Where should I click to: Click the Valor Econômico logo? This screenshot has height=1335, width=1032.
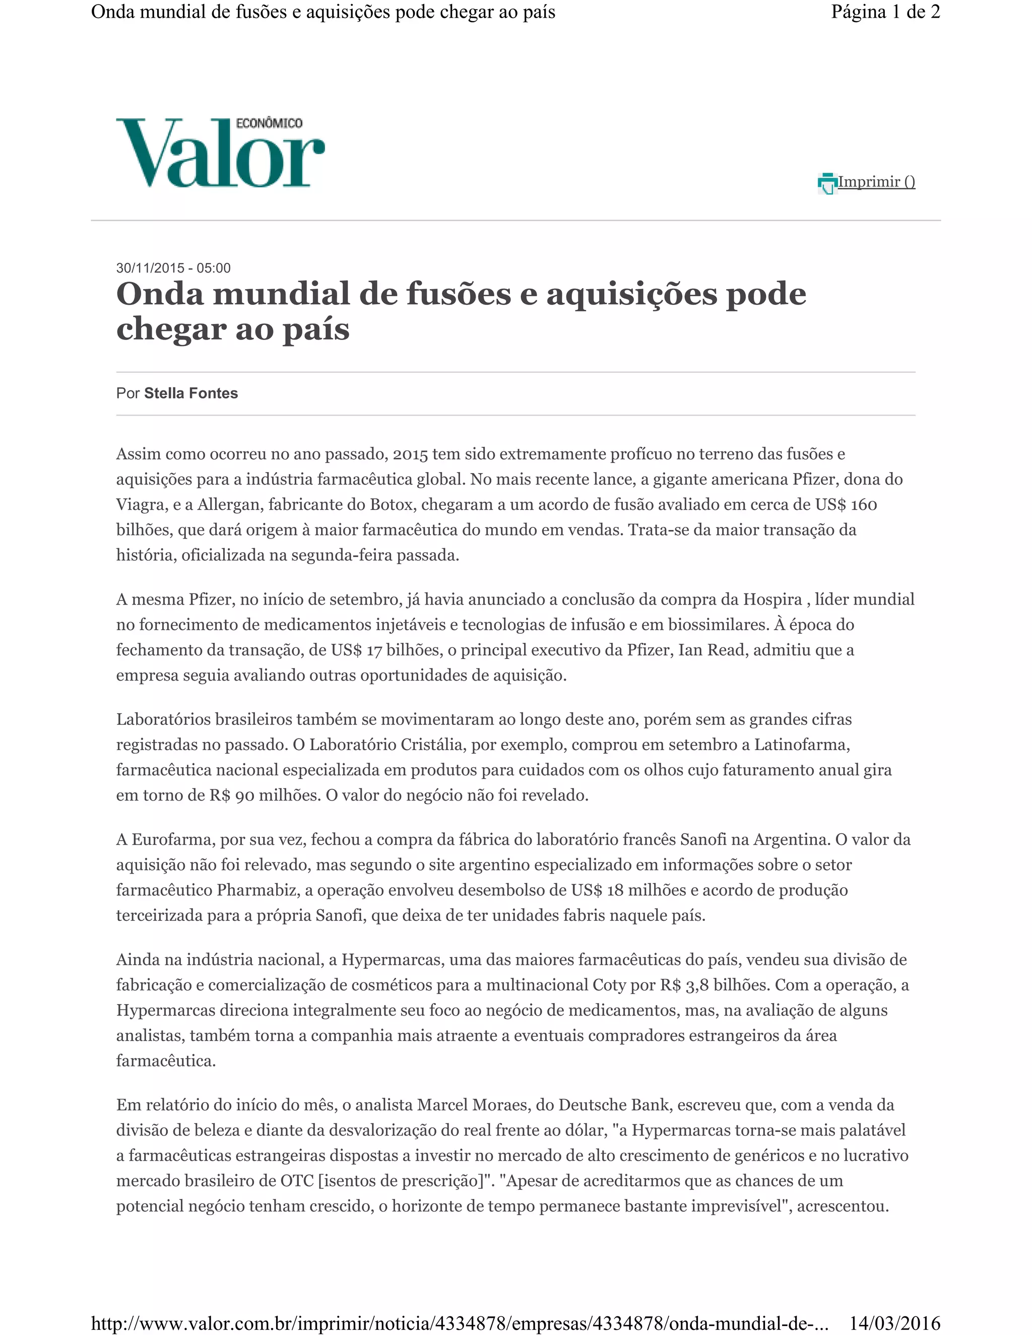click(x=220, y=153)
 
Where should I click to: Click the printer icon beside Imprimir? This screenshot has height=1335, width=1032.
click(x=826, y=183)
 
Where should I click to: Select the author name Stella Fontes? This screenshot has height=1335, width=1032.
click(x=191, y=393)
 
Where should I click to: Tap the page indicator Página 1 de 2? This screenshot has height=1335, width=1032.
click(x=885, y=12)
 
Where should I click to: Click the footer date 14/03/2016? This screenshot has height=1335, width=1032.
click(x=894, y=1323)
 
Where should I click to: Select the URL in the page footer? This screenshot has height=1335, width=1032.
click(x=459, y=1323)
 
